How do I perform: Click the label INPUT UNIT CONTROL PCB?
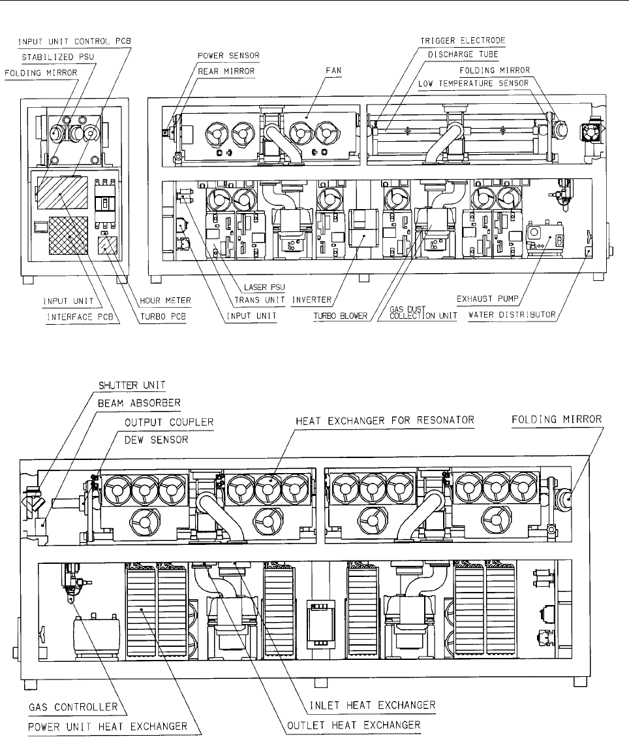tap(74, 41)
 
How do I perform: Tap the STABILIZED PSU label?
tap(57, 57)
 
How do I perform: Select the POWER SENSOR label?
tap(228, 56)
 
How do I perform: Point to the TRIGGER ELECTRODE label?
tap(463, 41)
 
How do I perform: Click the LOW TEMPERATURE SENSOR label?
tap(473, 84)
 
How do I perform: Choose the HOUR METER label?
tap(165, 301)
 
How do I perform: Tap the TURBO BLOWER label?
tap(341, 316)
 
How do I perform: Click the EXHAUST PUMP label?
tap(487, 299)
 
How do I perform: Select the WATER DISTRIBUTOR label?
tap(512, 316)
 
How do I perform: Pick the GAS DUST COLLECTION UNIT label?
tap(423, 313)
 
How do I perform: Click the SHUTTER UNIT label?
tap(132, 385)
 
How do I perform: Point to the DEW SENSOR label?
tap(156, 440)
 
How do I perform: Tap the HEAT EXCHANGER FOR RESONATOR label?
tap(384, 421)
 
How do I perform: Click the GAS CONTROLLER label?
tap(73, 708)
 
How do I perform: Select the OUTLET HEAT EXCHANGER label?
tap(354, 726)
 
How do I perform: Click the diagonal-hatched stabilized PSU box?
tap(63, 192)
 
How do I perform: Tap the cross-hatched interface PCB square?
tap(68, 235)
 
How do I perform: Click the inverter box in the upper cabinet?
tap(363, 228)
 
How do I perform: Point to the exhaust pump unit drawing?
tap(544, 239)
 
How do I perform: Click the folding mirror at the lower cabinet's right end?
tap(566, 499)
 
